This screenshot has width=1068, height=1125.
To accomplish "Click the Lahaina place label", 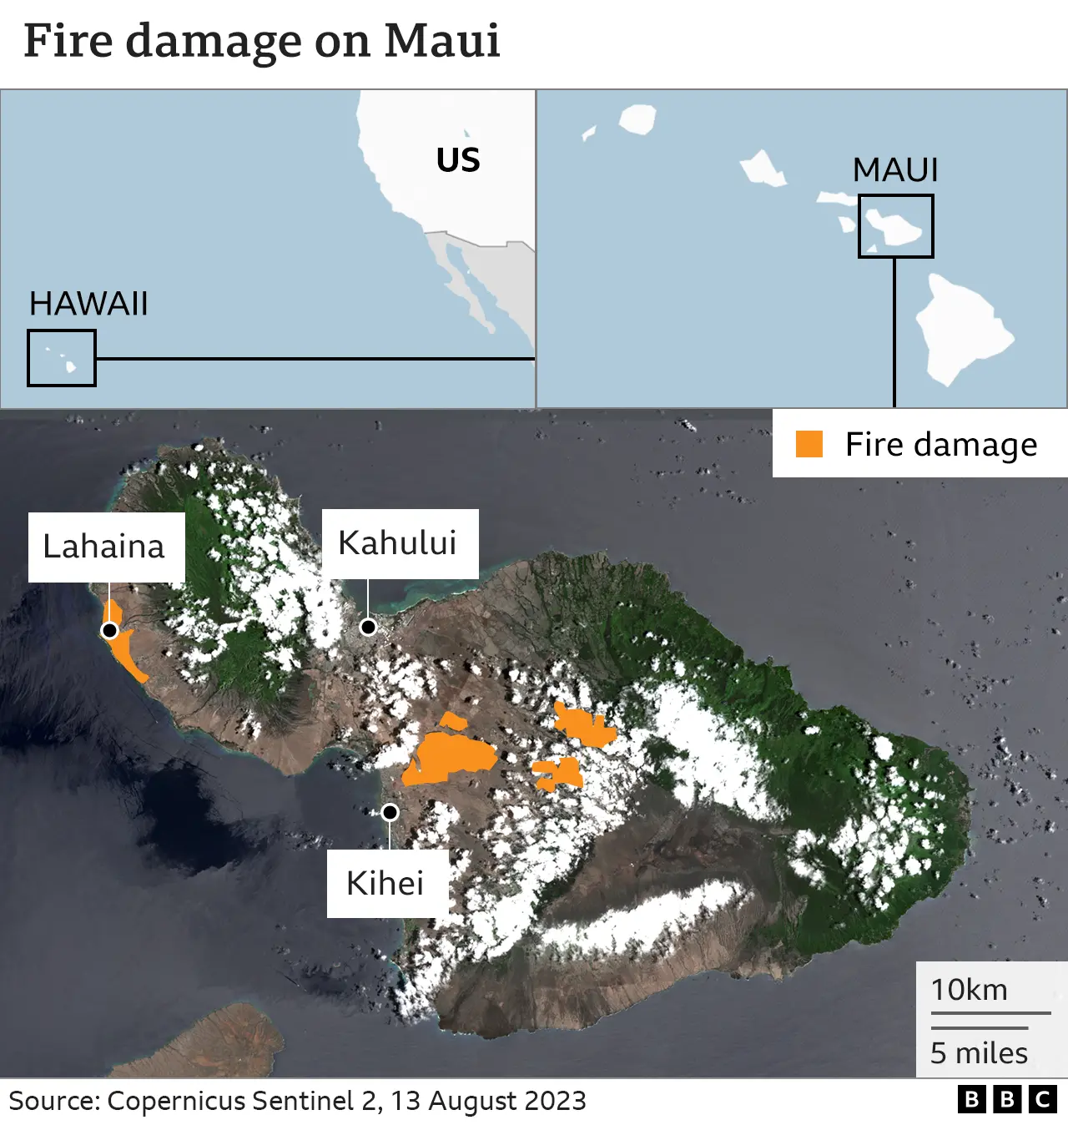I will (x=104, y=547).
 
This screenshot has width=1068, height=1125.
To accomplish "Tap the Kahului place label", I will (x=398, y=543).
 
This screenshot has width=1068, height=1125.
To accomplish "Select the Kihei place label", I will (x=385, y=883).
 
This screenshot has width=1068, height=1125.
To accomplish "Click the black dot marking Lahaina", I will (x=109, y=630).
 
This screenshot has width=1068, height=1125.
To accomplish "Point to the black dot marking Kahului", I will (x=368, y=627).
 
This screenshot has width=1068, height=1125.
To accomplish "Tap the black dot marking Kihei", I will (x=390, y=812).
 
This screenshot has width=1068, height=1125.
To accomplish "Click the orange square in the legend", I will (x=809, y=444).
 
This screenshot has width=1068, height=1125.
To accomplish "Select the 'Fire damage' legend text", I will (x=941, y=445).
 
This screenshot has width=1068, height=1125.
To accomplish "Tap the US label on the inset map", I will (x=458, y=160).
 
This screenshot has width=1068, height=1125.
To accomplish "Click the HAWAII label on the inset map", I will (x=88, y=304).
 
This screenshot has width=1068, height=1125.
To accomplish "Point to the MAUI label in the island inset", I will (x=895, y=170).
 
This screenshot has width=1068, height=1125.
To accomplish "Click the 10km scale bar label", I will (x=970, y=990).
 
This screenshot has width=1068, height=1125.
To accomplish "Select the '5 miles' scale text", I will (x=980, y=1053).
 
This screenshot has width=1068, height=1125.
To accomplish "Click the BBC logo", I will (x=1007, y=1100).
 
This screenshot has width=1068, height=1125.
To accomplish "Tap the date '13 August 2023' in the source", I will (x=488, y=1101).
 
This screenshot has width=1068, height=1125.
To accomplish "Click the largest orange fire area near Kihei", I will (x=451, y=757).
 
